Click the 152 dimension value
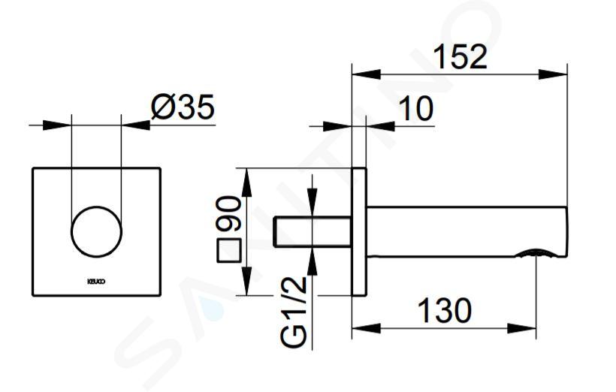click(x=461, y=57)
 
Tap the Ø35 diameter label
click(x=183, y=107)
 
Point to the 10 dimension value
click(x=416, y=108)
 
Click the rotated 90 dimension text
click(x=228, y=214)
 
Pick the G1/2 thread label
click(x=294, y=312)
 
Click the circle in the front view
click(x=97, y=232)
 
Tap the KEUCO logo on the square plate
click(x=96, y=282)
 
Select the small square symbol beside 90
click(x=229, y=251)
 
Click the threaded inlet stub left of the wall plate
click(x=313, y=232)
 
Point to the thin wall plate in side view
click(x=358, y=232)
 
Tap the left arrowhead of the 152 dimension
click(x=366, y=74)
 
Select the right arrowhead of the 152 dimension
click(x=553, y=74)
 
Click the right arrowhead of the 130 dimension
click(x=521, y=328)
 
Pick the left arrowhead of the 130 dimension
click(x=366, y=328)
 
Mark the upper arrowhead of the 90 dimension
click(x=246, y=182)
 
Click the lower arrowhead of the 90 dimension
click(x=246, y=280)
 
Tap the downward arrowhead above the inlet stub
click(x=313, y=202)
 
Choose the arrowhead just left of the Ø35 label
click(x=136, y=125)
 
